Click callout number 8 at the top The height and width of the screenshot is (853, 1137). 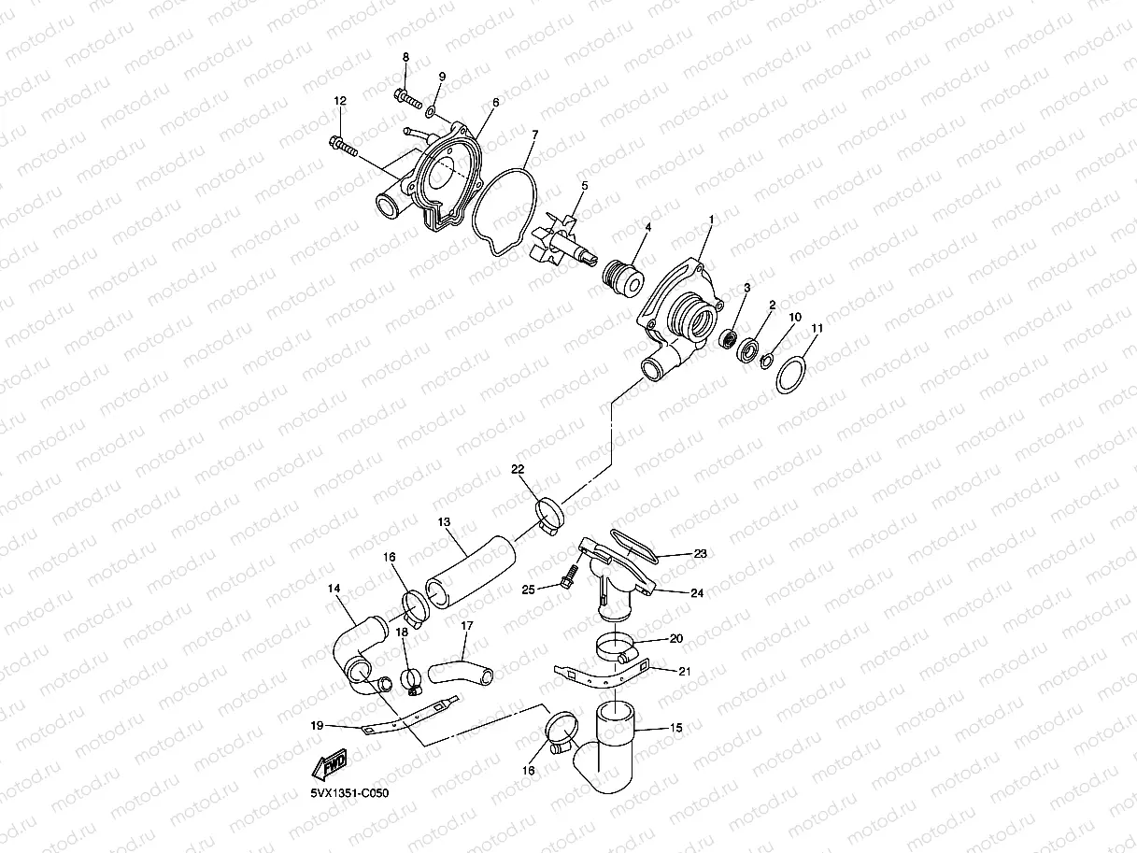click(405, 58)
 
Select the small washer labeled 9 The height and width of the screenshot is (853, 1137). click(430, 112)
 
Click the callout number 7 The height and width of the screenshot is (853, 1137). click(534, 135)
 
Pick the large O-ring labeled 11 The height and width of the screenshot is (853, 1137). click(791, 376)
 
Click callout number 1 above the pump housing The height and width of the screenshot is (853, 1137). click(711, 220)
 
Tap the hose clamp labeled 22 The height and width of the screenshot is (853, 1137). click(550, 514)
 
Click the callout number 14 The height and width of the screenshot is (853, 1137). click(334, 589)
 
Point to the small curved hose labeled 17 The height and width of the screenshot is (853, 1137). click(459, 670)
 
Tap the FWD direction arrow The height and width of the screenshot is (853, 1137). click(331, 766)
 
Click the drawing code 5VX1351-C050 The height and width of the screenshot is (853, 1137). click(349, 793)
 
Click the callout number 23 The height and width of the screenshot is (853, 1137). click(700, 553)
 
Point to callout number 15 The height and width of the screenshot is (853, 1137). click(676, 727)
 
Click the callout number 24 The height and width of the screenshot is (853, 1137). click(698, 592)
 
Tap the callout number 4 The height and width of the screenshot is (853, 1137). click(648, 227)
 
